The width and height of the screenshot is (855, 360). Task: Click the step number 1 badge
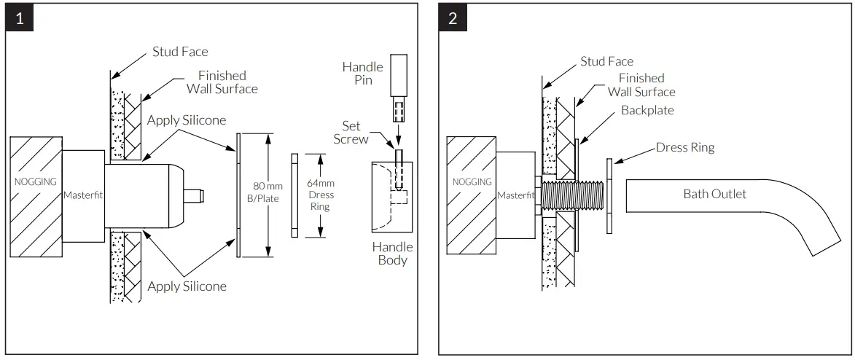pos(20,19)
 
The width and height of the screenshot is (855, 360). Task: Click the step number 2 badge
pos(453,19)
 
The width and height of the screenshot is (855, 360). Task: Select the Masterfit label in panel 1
pos(84,195)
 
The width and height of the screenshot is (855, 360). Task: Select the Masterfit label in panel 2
pos(517,195)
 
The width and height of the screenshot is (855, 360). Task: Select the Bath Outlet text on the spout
pos(714,194)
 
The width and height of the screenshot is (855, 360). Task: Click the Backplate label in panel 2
pos(647,110)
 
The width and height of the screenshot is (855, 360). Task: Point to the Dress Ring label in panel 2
pos(685,147)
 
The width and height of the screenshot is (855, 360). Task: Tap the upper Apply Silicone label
pos(187,120)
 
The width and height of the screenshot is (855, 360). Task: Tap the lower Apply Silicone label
pos(187,286)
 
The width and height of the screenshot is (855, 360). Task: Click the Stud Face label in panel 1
pos(180,52)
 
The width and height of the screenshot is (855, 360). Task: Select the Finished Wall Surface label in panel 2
pos(641,85)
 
